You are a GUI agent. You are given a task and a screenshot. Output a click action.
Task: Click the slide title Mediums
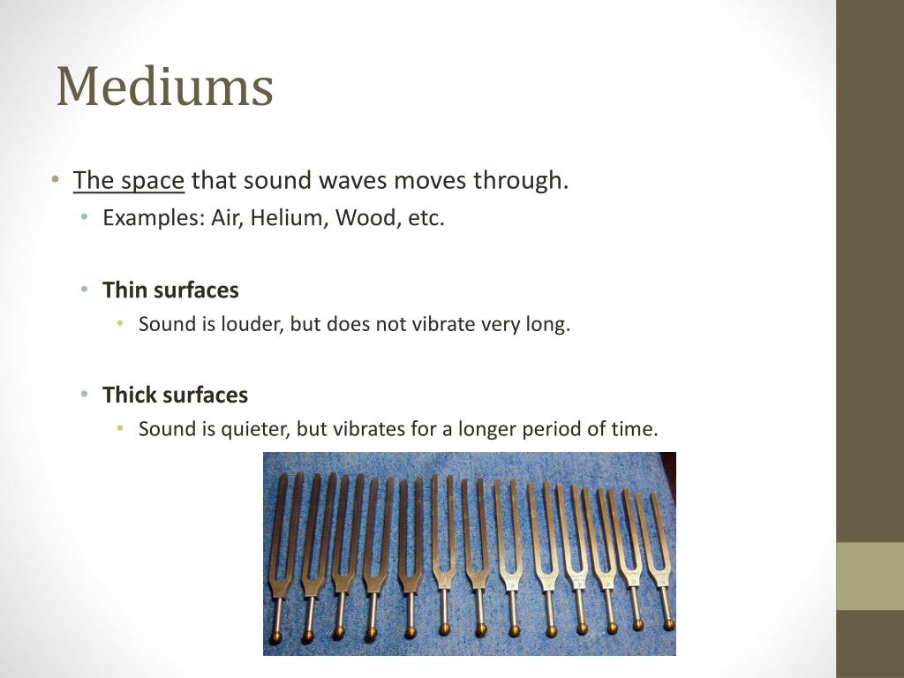click(x=164, y=87)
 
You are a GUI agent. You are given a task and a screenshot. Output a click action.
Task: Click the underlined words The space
click(x=129, y=181)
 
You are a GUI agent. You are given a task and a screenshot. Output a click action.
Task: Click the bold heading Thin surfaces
click(x=170, y=290)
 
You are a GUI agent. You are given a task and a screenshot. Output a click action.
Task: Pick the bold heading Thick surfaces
click(x=175, y=395)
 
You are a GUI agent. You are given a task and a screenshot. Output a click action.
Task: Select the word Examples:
click(x=154, y=218)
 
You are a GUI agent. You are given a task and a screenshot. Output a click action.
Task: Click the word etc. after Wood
click(x=426, y=218)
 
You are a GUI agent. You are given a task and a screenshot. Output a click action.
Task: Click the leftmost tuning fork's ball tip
click(x=275, y=638)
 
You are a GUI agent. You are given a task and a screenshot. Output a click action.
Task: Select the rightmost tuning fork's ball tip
click(x=668, y=624)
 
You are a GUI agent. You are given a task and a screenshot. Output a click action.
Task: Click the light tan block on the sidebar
click(x=870, y=576)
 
